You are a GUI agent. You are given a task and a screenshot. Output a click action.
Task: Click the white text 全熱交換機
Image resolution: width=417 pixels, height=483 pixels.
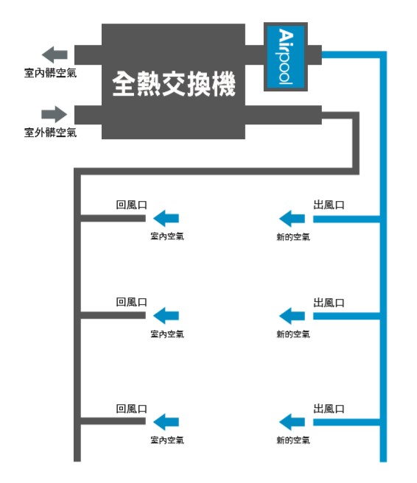(x=174, y=83)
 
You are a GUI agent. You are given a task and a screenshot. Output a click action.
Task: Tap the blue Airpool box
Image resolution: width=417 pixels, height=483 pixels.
(x=286, y=57)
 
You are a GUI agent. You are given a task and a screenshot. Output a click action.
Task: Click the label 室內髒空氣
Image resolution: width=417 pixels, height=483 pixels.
(x=50, y=73)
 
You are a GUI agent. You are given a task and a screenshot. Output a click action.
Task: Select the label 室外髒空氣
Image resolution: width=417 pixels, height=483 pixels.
(x=50, y=133)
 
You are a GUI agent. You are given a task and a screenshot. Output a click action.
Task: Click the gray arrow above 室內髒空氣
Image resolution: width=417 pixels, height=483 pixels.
(x=55, y=54)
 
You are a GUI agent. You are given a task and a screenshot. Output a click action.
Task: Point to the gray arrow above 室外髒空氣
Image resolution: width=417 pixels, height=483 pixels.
(x=55, y=114)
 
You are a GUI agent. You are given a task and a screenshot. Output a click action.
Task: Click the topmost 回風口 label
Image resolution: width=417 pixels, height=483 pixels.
(x=132, y=205)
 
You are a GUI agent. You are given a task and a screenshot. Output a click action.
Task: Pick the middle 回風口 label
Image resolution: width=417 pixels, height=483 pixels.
(x=132, y=302)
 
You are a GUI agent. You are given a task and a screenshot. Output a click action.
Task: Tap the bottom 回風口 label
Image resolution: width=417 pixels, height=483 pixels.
(x=132, y=409)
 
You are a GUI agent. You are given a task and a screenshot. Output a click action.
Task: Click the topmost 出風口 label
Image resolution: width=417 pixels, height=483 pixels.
(x=329, y=205)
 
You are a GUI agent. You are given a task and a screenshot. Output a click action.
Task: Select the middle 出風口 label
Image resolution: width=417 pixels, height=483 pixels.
(x=329, y=303)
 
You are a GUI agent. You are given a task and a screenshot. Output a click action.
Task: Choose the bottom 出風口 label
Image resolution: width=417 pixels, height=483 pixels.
(x=329, y=409)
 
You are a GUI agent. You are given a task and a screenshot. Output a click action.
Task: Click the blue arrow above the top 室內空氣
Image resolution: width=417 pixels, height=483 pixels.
(x=166, y=219)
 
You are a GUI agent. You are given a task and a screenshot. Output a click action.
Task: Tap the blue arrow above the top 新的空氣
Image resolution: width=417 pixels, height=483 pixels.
(x=292, y=219)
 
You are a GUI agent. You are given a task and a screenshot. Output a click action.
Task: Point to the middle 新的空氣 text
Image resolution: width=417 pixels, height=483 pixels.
(x=293, y=334)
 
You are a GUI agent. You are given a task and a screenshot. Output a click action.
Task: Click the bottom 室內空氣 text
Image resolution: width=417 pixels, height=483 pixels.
(x=167, y=440)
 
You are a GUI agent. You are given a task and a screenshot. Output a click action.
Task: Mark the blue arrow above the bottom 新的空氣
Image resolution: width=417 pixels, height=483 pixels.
(x=292, y=422)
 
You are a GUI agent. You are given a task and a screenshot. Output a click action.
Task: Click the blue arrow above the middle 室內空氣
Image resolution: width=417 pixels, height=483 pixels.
(x=166, y=316)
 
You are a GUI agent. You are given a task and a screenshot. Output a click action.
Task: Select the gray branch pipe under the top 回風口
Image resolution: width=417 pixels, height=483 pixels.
(x=113, y=219)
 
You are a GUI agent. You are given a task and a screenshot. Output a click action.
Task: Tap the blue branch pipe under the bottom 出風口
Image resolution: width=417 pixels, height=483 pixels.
(x=347, y=422)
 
